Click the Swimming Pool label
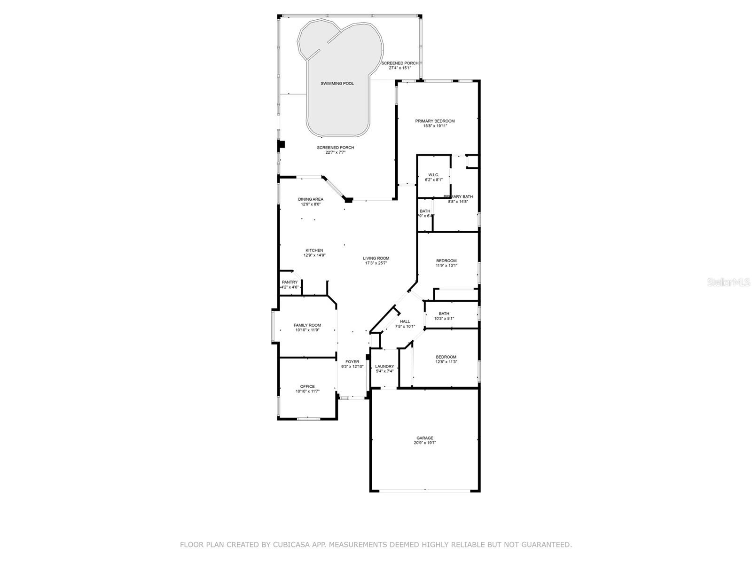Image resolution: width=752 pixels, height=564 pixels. (337, 84)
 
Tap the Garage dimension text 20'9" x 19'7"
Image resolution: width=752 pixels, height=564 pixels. (425, 443)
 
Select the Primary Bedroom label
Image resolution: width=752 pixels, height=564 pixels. (435, 121)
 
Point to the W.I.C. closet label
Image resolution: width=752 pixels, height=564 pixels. (433, 175)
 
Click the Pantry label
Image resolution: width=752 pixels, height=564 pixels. (290, 282)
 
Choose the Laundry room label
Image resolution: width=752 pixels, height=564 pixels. (384, 367)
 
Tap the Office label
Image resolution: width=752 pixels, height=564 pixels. (307, 386)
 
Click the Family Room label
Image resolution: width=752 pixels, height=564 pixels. (307, 325)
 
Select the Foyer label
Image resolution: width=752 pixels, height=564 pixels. (352, 362)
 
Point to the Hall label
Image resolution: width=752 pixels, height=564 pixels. (405, 321)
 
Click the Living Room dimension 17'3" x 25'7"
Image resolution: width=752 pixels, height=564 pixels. (376, 263)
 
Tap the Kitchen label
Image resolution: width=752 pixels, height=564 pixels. (314, 250)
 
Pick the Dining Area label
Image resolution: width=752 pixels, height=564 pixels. (310, 199)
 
